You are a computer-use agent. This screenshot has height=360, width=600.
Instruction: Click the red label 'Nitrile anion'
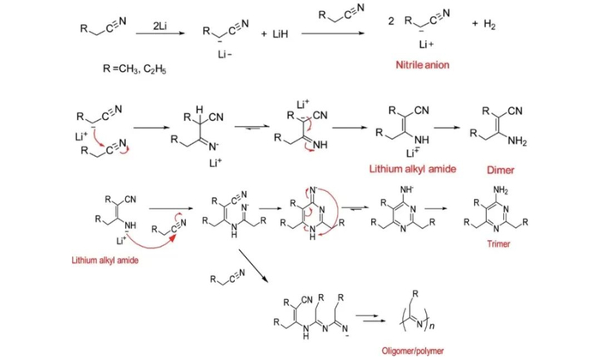[x=423, y=64]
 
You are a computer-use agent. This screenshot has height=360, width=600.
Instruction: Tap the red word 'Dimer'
[x=501, y=170]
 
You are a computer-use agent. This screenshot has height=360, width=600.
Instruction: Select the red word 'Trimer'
[x=499, y=243]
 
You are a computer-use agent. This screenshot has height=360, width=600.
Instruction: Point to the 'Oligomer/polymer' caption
[x=413, y=351]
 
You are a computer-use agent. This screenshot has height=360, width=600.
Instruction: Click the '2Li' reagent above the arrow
[x=160, y=26]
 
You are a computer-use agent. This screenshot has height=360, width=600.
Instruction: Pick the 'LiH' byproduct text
[x=280, y=34]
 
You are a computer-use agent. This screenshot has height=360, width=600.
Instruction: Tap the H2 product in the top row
[x=489, y=25]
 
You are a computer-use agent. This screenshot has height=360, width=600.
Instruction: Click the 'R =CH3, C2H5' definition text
[x=135, y=69]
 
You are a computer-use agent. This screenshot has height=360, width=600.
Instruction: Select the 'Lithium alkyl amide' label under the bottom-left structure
[x=105, y=261]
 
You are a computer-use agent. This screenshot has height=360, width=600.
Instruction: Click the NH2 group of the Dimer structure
[x=518, y=141]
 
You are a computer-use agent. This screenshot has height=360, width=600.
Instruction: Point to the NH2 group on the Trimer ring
[x=501, y=189]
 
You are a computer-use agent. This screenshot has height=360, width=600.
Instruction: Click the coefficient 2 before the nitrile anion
[x=391, y=21]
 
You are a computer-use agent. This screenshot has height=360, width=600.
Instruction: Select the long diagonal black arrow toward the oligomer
[x=254, y=267]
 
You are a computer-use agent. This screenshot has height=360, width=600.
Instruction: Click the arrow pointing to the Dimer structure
[x=447, y=128]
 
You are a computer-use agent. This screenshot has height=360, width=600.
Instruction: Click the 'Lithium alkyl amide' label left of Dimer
[x=412, y=169]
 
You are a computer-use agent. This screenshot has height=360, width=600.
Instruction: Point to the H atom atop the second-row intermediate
[x=200, y=111]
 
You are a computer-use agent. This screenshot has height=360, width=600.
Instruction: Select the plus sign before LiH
[x=264, y=34]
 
